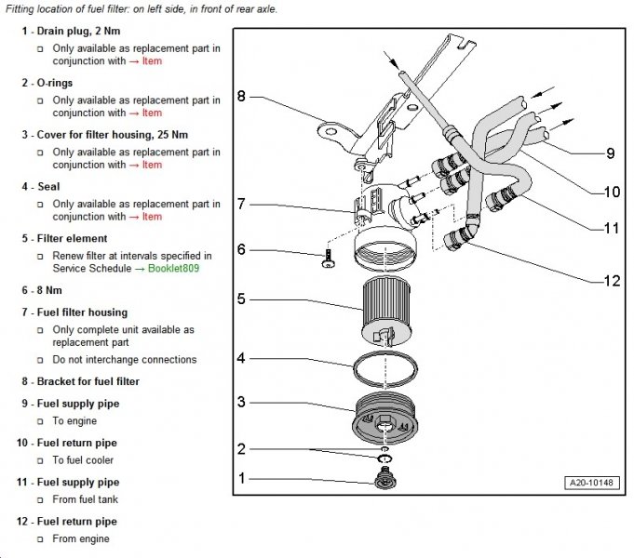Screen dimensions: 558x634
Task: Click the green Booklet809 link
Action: pos(174,268)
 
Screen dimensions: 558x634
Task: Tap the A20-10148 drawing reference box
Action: pos(591,483)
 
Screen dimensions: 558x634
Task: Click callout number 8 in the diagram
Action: pos(241,96)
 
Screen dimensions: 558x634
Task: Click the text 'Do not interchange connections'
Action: pos(124,359)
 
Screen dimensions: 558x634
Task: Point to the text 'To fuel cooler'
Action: pos(85,460)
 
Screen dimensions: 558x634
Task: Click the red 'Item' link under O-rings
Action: pos(152,113)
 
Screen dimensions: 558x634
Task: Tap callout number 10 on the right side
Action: pos(611,193)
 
